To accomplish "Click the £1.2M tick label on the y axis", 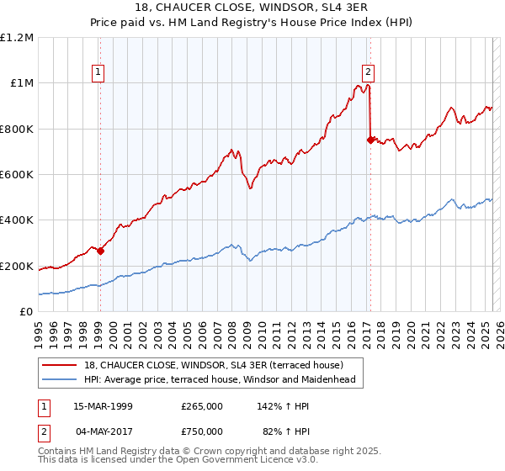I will coord(17,37).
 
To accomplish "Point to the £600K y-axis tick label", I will coord(17,174).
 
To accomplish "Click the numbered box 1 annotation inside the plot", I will coord(99,72).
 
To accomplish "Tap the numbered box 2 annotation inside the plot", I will coord(369,72).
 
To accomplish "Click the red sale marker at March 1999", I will coord(100,250).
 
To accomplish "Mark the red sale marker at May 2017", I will coord(370,140).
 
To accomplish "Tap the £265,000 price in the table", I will coord(202,405).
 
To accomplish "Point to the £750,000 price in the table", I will coord(202,431).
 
